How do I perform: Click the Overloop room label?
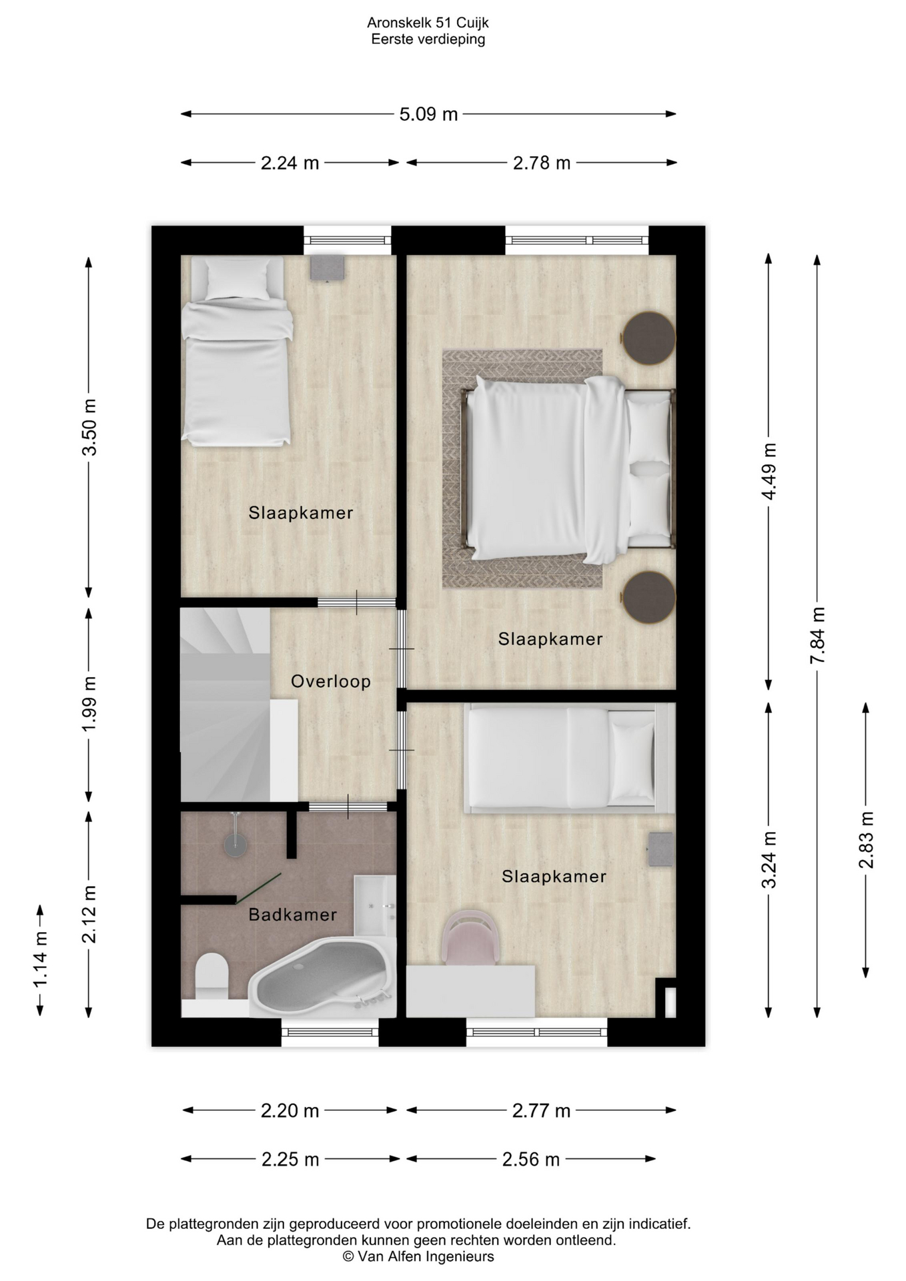(x=330, y=681)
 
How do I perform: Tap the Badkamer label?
(x=292, y=914)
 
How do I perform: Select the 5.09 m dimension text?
(x=428, y=114)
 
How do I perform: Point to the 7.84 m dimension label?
(x=818, y=635)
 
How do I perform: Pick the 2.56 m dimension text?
(x=530, y=1159)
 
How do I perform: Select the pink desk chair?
(x=470, y=938)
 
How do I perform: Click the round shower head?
(x=235, y=845)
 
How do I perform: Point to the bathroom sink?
(x=374, y=905)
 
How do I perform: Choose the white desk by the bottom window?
(x=470, y=991)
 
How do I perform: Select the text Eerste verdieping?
(x=428, y=39)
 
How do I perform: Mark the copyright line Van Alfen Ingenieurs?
(x=418, y=1256)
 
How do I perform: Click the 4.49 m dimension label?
(x=769, y=471)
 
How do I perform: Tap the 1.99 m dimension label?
(x=89, y=703)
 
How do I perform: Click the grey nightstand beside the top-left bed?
(x=327, y=268)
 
